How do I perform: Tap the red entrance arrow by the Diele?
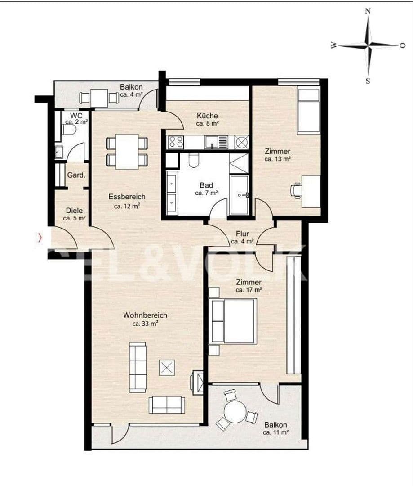pyautogui.click(x=40, y=238)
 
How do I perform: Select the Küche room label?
pyautogui.click(x=207, y=116)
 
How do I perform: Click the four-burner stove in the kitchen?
pyautogui.click(x=176, y=142)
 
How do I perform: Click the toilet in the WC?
pyautogui.click(x=70, y=130)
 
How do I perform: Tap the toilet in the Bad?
pyautogui.click(x=195, y=160)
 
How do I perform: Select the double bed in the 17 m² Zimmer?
pyautogui.click(x=233, y=321)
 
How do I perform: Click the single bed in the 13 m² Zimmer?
pyautogui.click(x=308, y=111)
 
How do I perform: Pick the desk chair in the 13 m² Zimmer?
pyautogui.click(x=297, y=190)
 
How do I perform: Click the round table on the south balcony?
pyautogui.click(x=235, y=411)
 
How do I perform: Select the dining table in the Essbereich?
pyautogui.click(x=127, y=152)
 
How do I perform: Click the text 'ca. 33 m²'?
pyautogui.click(x=145, y=324)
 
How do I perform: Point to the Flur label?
pyautogui.click(x=243, y=234)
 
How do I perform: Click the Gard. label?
pyautogui.click(x=76, y=175)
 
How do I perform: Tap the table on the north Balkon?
pyautogui.click(x=99, y=98)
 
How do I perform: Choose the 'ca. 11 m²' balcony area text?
pyautogui.click(x=275, y=432)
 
